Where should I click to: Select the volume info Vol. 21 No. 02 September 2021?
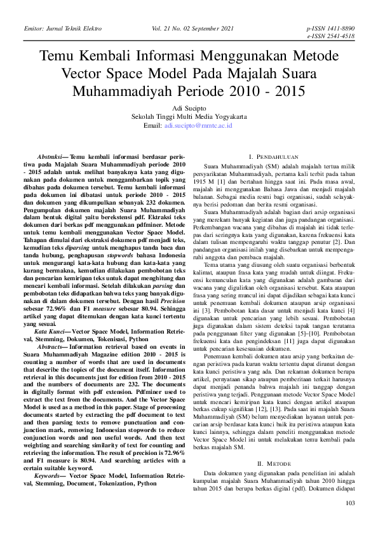point(193,29)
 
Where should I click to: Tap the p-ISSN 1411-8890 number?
point(330,29)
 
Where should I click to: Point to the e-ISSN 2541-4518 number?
point(330,37)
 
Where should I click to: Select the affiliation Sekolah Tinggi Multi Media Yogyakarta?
point(189,117)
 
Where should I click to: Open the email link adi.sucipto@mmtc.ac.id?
point(198,126)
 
